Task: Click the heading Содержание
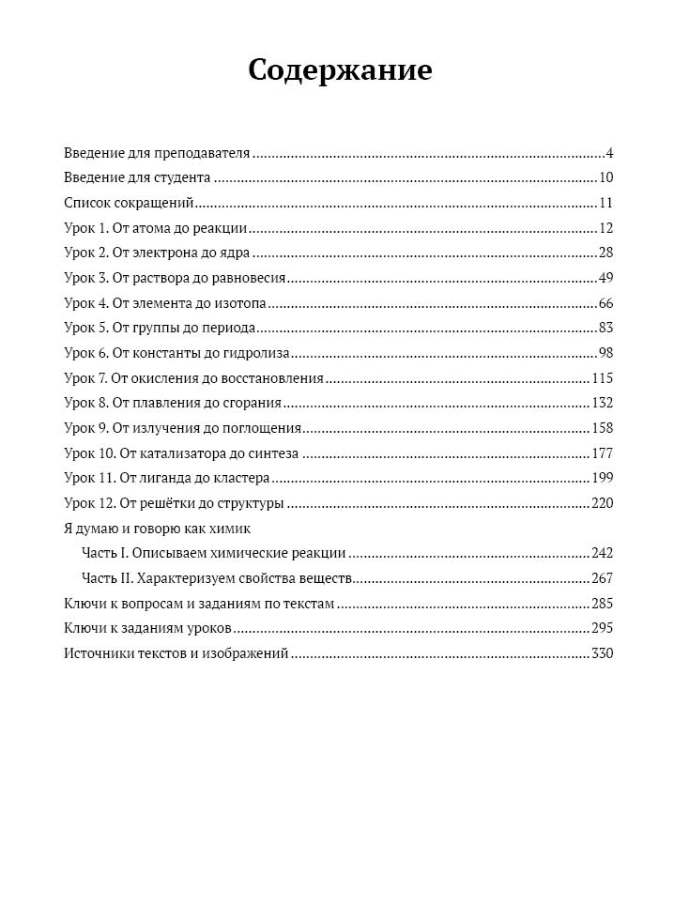pos(340,70)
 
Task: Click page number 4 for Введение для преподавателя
pos(609,153)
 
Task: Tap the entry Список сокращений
pos(128,203)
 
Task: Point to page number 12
pos(605,228)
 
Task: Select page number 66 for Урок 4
pos(605,303)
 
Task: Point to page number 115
pos(602,378)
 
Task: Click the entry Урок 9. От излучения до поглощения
pos(182,428)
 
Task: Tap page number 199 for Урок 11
pos(602,478)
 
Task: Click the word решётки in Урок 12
pos(166,503)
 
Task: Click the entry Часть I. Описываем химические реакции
pos(214,553)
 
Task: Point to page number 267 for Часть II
pos(602,578)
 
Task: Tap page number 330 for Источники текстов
pos(602,653)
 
